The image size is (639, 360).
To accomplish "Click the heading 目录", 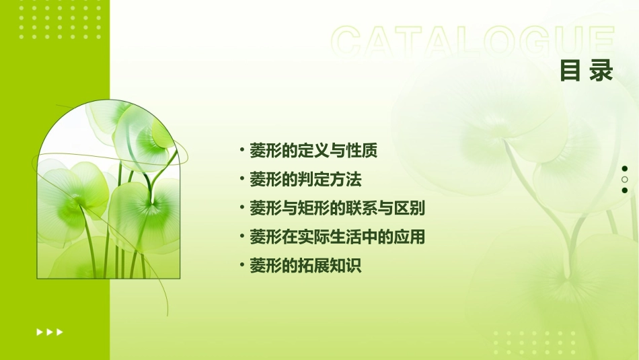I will (x=587, y=70).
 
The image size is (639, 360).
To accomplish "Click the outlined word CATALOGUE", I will (x=472, y=42).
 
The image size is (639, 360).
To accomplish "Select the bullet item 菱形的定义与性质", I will (x=313, y=151).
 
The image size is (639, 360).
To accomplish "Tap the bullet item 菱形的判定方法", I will (x=305, y=180).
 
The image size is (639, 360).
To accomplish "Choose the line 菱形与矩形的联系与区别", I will (x=337, y=209).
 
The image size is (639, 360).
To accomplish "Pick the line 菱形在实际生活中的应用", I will (x=337, y=237).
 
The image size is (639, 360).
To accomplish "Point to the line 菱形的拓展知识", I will (x=305, y=266).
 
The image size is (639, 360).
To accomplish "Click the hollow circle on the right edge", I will (x=625, y=180).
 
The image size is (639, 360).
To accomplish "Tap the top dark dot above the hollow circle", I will (x=625, y=169).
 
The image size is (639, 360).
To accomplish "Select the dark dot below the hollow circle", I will (x=625, y=190).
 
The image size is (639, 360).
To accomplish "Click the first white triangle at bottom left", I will (x=39, y=332).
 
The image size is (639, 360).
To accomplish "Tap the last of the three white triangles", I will (x=60, y=332).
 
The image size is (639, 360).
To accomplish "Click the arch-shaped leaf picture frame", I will (x=108, y=192).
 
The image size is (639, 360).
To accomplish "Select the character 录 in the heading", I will (x=602, y=70).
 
